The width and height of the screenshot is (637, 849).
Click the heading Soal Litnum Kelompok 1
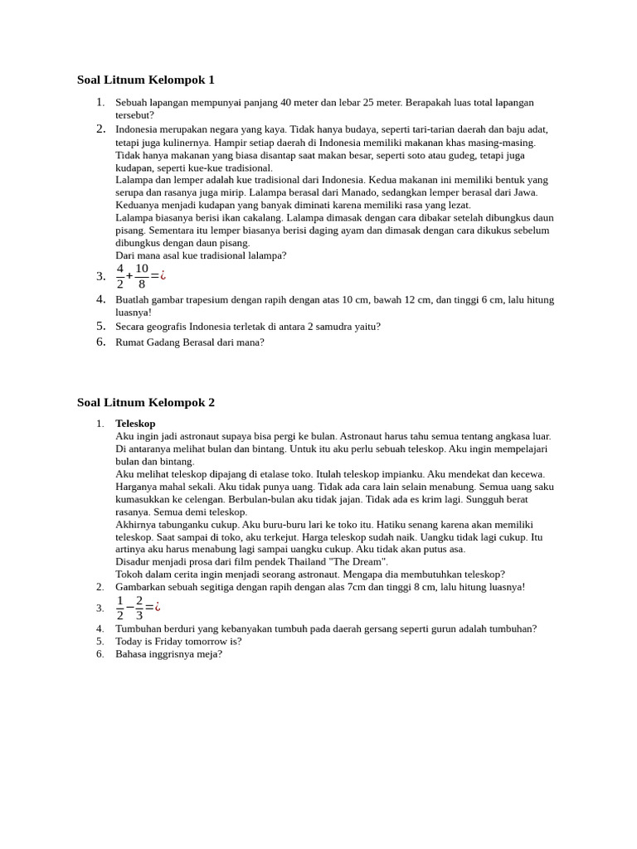coord(145,80)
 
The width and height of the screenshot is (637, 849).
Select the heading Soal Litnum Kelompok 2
coord(145,403)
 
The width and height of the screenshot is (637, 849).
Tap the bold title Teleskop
coord(135,424)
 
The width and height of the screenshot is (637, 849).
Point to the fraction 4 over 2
coord(120,276)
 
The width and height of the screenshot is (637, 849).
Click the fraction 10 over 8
coord(142,276)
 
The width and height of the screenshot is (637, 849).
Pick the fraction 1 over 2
coord(120,607)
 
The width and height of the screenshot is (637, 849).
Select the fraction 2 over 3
coord(139,607)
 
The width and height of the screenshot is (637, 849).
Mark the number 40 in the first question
coord(286,103)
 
